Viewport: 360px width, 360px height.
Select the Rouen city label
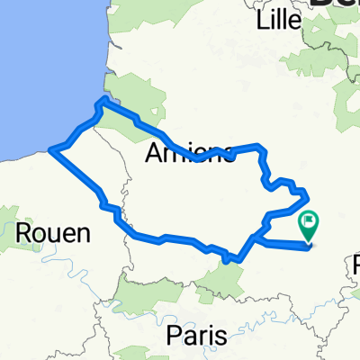(53, 234)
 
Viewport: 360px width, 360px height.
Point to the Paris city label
(197, 334)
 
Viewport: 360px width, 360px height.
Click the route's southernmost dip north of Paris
(232, 260)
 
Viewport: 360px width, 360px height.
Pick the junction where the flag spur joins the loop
(255, 238)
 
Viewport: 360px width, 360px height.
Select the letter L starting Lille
(262, 19)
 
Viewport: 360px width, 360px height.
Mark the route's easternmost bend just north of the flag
(305, 193)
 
